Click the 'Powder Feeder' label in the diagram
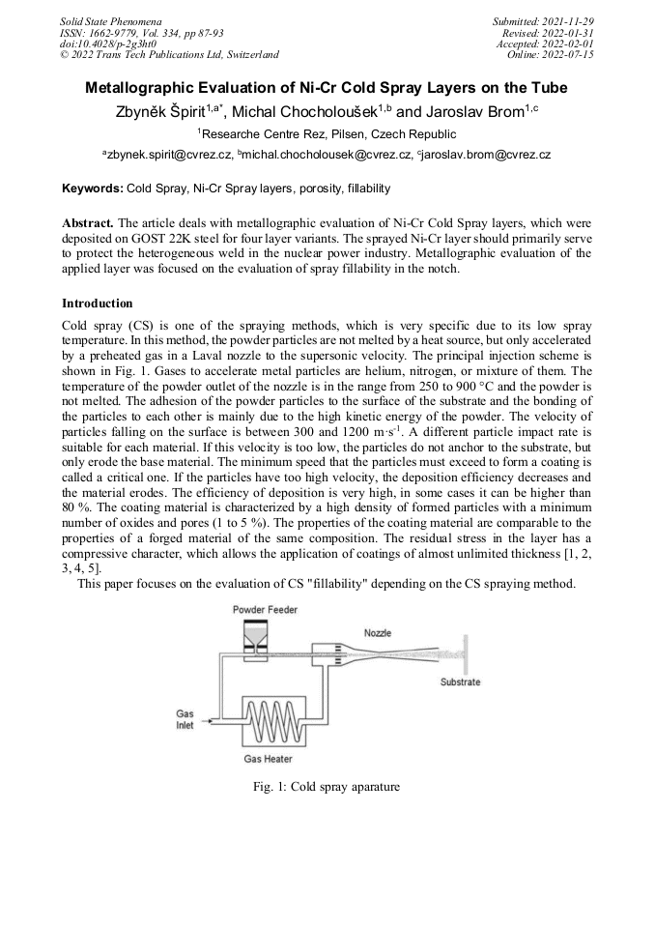click(x=263, y=609)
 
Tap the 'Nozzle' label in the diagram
click(x=378, y=633)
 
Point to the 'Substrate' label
click(x=460, y=682)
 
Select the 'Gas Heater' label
click(x=268, y=759)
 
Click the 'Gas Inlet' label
click(x=185, y=720)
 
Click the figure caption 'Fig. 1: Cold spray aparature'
click(x=326, y=787)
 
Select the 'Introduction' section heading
click(x=98, y=304)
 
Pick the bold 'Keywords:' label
click(x=93, y=187)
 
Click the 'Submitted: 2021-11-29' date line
click(x=544, y=20)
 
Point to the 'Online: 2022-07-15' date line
click(x=551, y=55)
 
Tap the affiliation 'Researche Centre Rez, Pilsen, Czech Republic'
click(x=327, y=134)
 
